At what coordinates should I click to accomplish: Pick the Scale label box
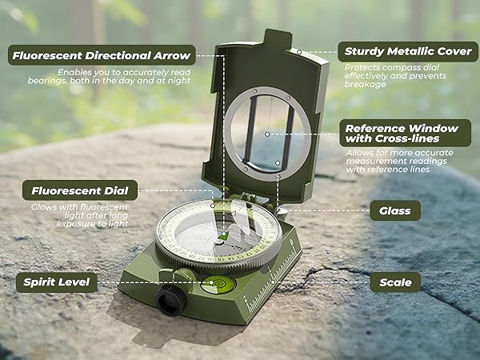(x=395, y=282)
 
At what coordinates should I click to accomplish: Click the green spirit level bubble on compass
(x=218, y=282)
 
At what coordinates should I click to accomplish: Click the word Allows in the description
(x=359, y=151)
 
